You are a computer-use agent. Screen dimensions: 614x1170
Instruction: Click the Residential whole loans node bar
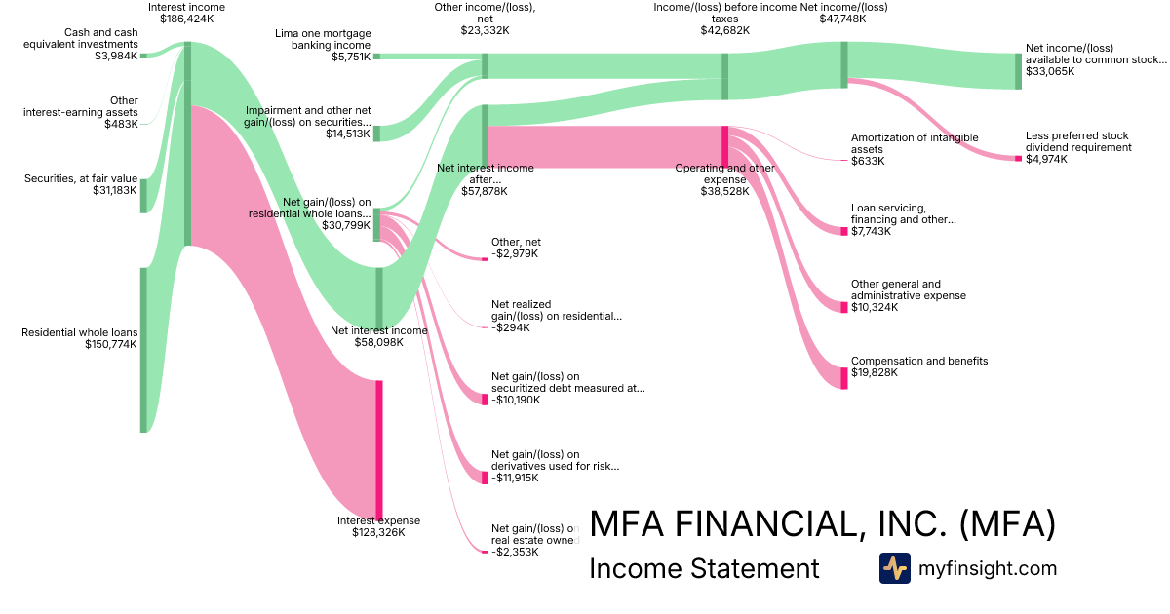[143, 349]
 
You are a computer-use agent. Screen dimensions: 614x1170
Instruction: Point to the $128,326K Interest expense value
[378, 532]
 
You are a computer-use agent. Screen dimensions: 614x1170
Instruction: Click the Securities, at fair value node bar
[143, 195]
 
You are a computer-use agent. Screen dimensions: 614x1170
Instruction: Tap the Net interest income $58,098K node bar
[379, 297]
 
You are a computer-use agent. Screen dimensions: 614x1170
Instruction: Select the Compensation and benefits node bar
[844, 377]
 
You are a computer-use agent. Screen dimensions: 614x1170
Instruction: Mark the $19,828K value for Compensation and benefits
[875, 373]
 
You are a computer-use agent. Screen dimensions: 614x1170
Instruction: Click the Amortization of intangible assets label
[900, 143]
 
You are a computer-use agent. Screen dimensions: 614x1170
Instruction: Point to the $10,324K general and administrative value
[875, 307]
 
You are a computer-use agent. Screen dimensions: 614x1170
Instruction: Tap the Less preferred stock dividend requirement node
[1018, 159]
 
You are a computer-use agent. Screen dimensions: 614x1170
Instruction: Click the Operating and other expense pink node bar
[724, 146]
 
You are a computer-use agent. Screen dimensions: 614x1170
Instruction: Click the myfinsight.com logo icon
[894, 568]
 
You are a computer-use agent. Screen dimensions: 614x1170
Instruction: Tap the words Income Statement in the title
[704, 568]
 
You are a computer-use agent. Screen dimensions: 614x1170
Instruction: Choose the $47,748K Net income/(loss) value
[843, 18]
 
